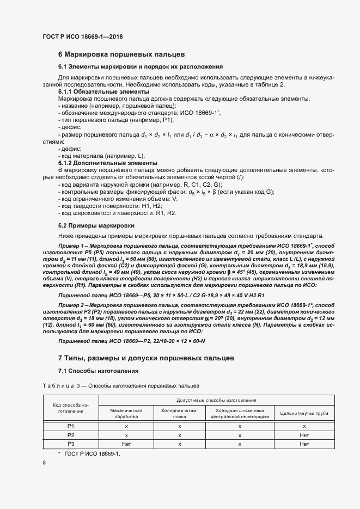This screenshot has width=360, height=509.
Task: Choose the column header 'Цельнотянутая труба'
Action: [x=304, y=413]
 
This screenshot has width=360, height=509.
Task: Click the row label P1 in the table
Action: [x=70, y=426]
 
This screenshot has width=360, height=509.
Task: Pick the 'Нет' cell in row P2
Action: [x=304, y=436]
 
